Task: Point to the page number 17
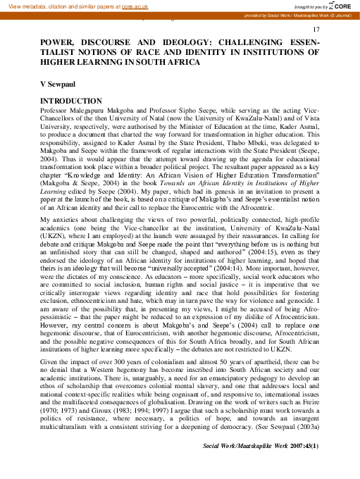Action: (x=316, y=28)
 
